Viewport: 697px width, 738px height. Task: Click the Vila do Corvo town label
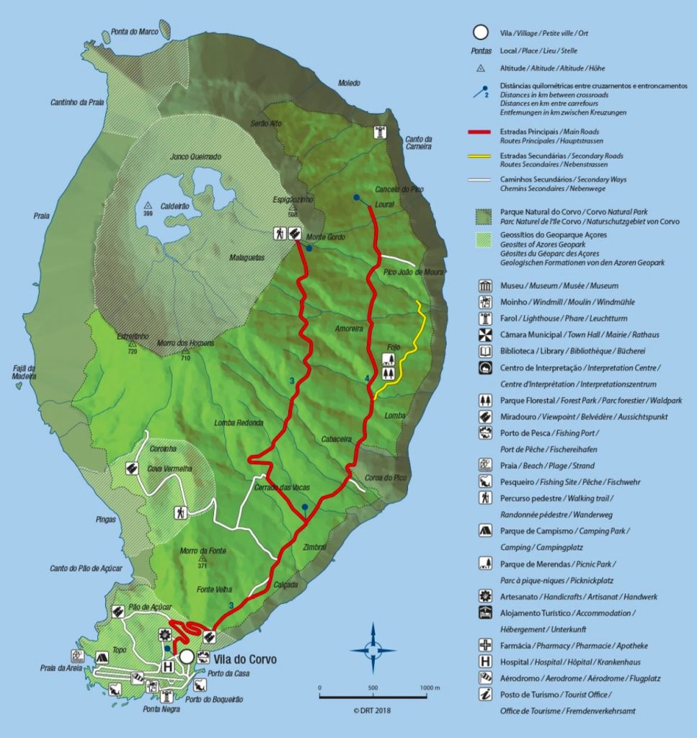244,659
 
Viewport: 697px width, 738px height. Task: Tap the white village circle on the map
187,657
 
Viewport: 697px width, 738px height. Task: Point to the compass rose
373,649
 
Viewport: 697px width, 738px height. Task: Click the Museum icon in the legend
486,285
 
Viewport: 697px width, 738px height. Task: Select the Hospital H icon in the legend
486,662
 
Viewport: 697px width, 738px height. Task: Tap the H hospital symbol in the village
169,667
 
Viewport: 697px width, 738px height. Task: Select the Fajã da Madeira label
25,373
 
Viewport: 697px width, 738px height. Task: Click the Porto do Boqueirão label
214,700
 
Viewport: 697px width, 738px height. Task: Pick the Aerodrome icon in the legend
486,677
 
